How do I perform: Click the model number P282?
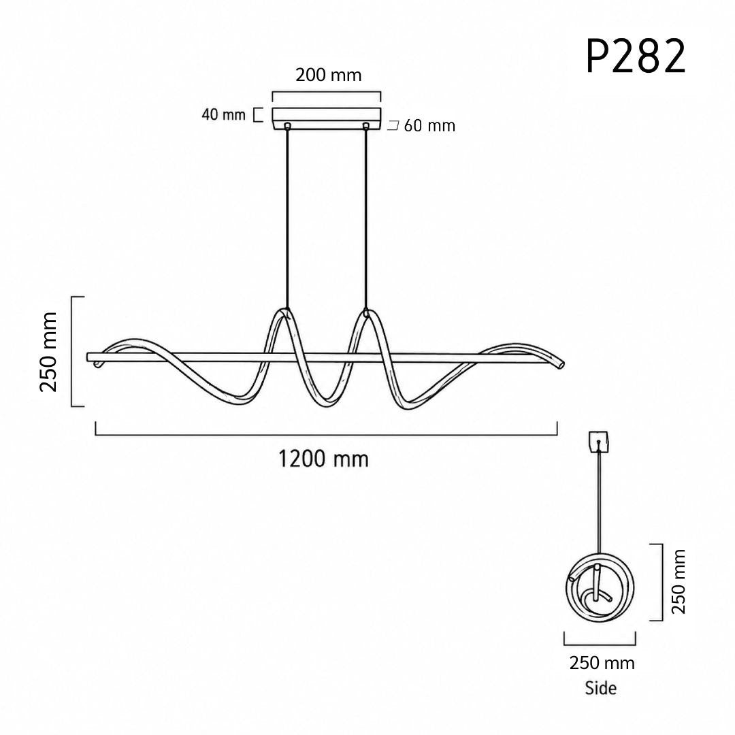636,56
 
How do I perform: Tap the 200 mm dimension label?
328,75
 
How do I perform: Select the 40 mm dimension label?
224,114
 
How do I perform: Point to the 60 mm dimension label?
429,126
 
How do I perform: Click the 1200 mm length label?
323,459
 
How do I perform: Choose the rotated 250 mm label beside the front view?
48,352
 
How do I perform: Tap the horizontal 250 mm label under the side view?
602,663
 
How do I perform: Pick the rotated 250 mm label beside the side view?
679,582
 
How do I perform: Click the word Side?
600,688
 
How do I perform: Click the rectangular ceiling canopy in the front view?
327,118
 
